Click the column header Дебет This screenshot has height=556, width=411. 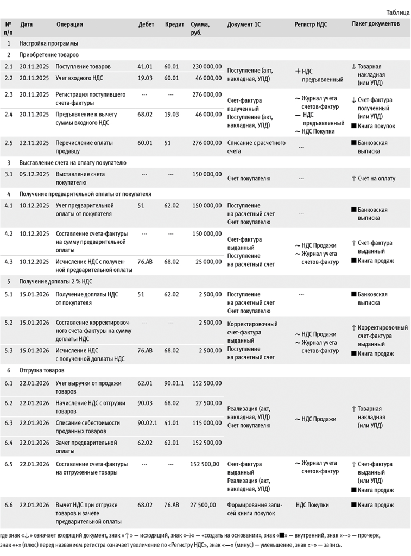[146, 24]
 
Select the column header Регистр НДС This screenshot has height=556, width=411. [311, 24]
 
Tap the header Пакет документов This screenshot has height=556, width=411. [376, 24]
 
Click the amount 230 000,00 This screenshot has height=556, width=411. [207, 66]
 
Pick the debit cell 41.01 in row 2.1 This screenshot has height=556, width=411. [144, 66]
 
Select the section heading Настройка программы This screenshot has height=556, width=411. [48, 43]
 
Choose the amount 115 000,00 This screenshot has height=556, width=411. [207, 422]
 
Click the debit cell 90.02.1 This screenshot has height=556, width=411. [147, 422]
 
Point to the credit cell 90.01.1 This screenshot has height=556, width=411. [174, 383]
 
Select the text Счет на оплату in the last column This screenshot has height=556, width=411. [377, 178]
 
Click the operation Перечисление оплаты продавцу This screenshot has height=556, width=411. [80, 147]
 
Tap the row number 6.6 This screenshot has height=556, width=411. [8, 505]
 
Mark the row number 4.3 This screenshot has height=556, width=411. [8, 262]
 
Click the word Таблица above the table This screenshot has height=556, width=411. [397, 12]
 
